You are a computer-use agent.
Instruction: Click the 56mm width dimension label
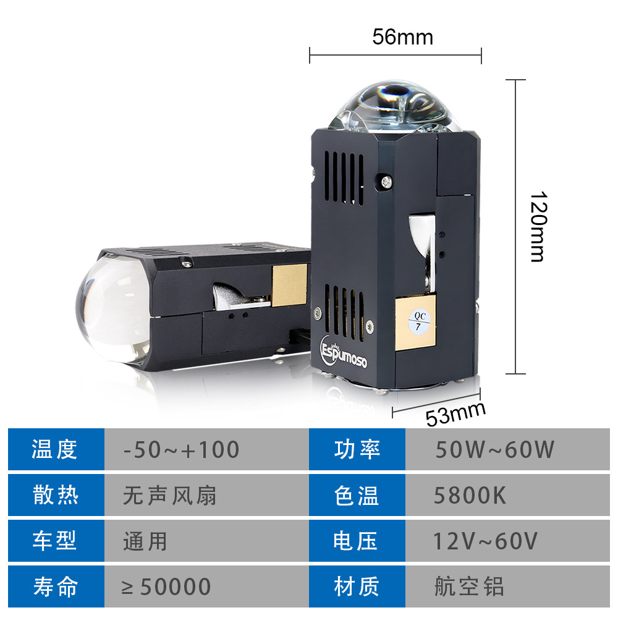[x=402, y=38]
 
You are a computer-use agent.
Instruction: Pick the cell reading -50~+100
[x=181, y=449]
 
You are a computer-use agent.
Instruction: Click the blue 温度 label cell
[x=56, y=449]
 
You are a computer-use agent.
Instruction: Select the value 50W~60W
[x=494, y=449]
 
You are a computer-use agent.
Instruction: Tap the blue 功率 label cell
[x=357, y=449]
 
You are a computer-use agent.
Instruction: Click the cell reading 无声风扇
[x=170, y=496]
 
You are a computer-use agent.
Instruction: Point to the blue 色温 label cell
[x=357, y=496]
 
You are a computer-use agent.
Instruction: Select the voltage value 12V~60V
[x=486, y=541]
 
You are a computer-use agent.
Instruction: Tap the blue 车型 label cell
[x=56, y=541]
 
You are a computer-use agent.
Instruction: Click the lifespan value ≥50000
[x=167, y=586]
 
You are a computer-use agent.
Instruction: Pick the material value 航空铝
[x=469, y=586]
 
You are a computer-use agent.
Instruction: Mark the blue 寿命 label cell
[x=56, y=586]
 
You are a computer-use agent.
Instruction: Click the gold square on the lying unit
[x=290, y=281]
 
